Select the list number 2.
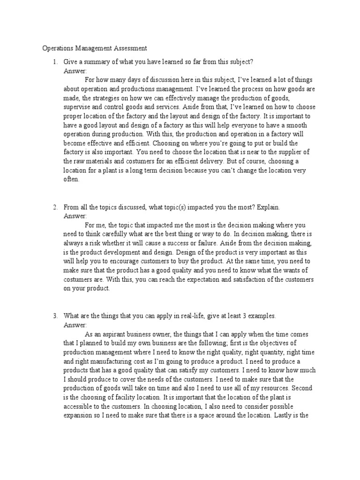click(x=55, y=207)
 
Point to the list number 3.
click(x=55, y=316)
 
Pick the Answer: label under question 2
click(x=75, y=216)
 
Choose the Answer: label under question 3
click(x=75, y=325)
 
